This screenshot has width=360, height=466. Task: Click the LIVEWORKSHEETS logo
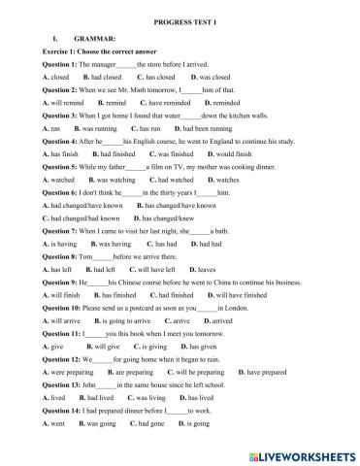click(x=300, y=454)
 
